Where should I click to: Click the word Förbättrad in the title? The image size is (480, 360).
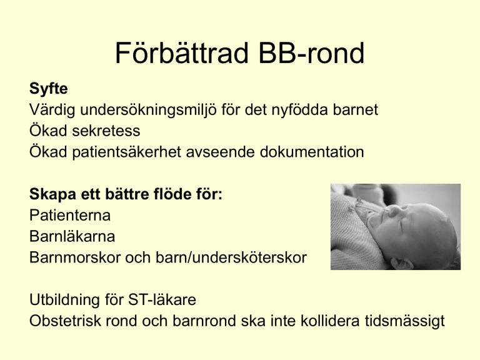[x=181, y=53]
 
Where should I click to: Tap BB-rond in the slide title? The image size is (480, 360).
[x=311, y=53]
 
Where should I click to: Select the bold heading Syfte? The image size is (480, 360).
[x=48, y=89]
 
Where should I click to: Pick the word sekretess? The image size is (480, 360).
[x=106, y=131]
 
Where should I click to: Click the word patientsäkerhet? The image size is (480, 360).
[x=126, y=152]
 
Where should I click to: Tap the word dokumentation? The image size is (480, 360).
[x=312, y=152]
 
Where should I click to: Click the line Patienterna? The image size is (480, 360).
[x=70, y=215]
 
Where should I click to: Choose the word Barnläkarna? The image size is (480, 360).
[x=72, y=236]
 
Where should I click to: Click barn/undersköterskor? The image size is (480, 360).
[x=231, y=257]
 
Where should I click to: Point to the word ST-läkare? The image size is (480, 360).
[x=162, y=300]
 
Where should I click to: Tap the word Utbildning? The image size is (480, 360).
[x=64, y=300]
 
